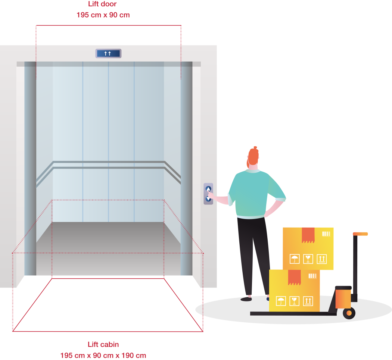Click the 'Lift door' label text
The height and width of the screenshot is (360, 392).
pos(102,4)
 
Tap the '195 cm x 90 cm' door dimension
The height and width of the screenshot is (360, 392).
pos(103,15)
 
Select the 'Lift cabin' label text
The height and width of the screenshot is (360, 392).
pos(103,344)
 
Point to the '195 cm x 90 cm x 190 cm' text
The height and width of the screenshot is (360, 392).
pos(103,356)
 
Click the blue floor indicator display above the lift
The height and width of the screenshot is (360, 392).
pos(108,54)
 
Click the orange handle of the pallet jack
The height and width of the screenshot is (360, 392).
pos(360,234)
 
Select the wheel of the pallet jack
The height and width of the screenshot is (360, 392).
pos(349,313)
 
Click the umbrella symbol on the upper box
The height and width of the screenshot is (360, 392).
pos(295,259)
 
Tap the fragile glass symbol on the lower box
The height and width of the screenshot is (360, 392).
pos(294,301)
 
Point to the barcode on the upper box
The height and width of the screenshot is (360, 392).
pos(326,234)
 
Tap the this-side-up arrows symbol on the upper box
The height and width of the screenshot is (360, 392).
pos(321,259)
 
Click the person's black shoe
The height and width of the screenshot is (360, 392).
pos(246,299)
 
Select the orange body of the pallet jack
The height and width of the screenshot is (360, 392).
pos(343,298)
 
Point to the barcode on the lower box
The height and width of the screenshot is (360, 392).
pos(312,276)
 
